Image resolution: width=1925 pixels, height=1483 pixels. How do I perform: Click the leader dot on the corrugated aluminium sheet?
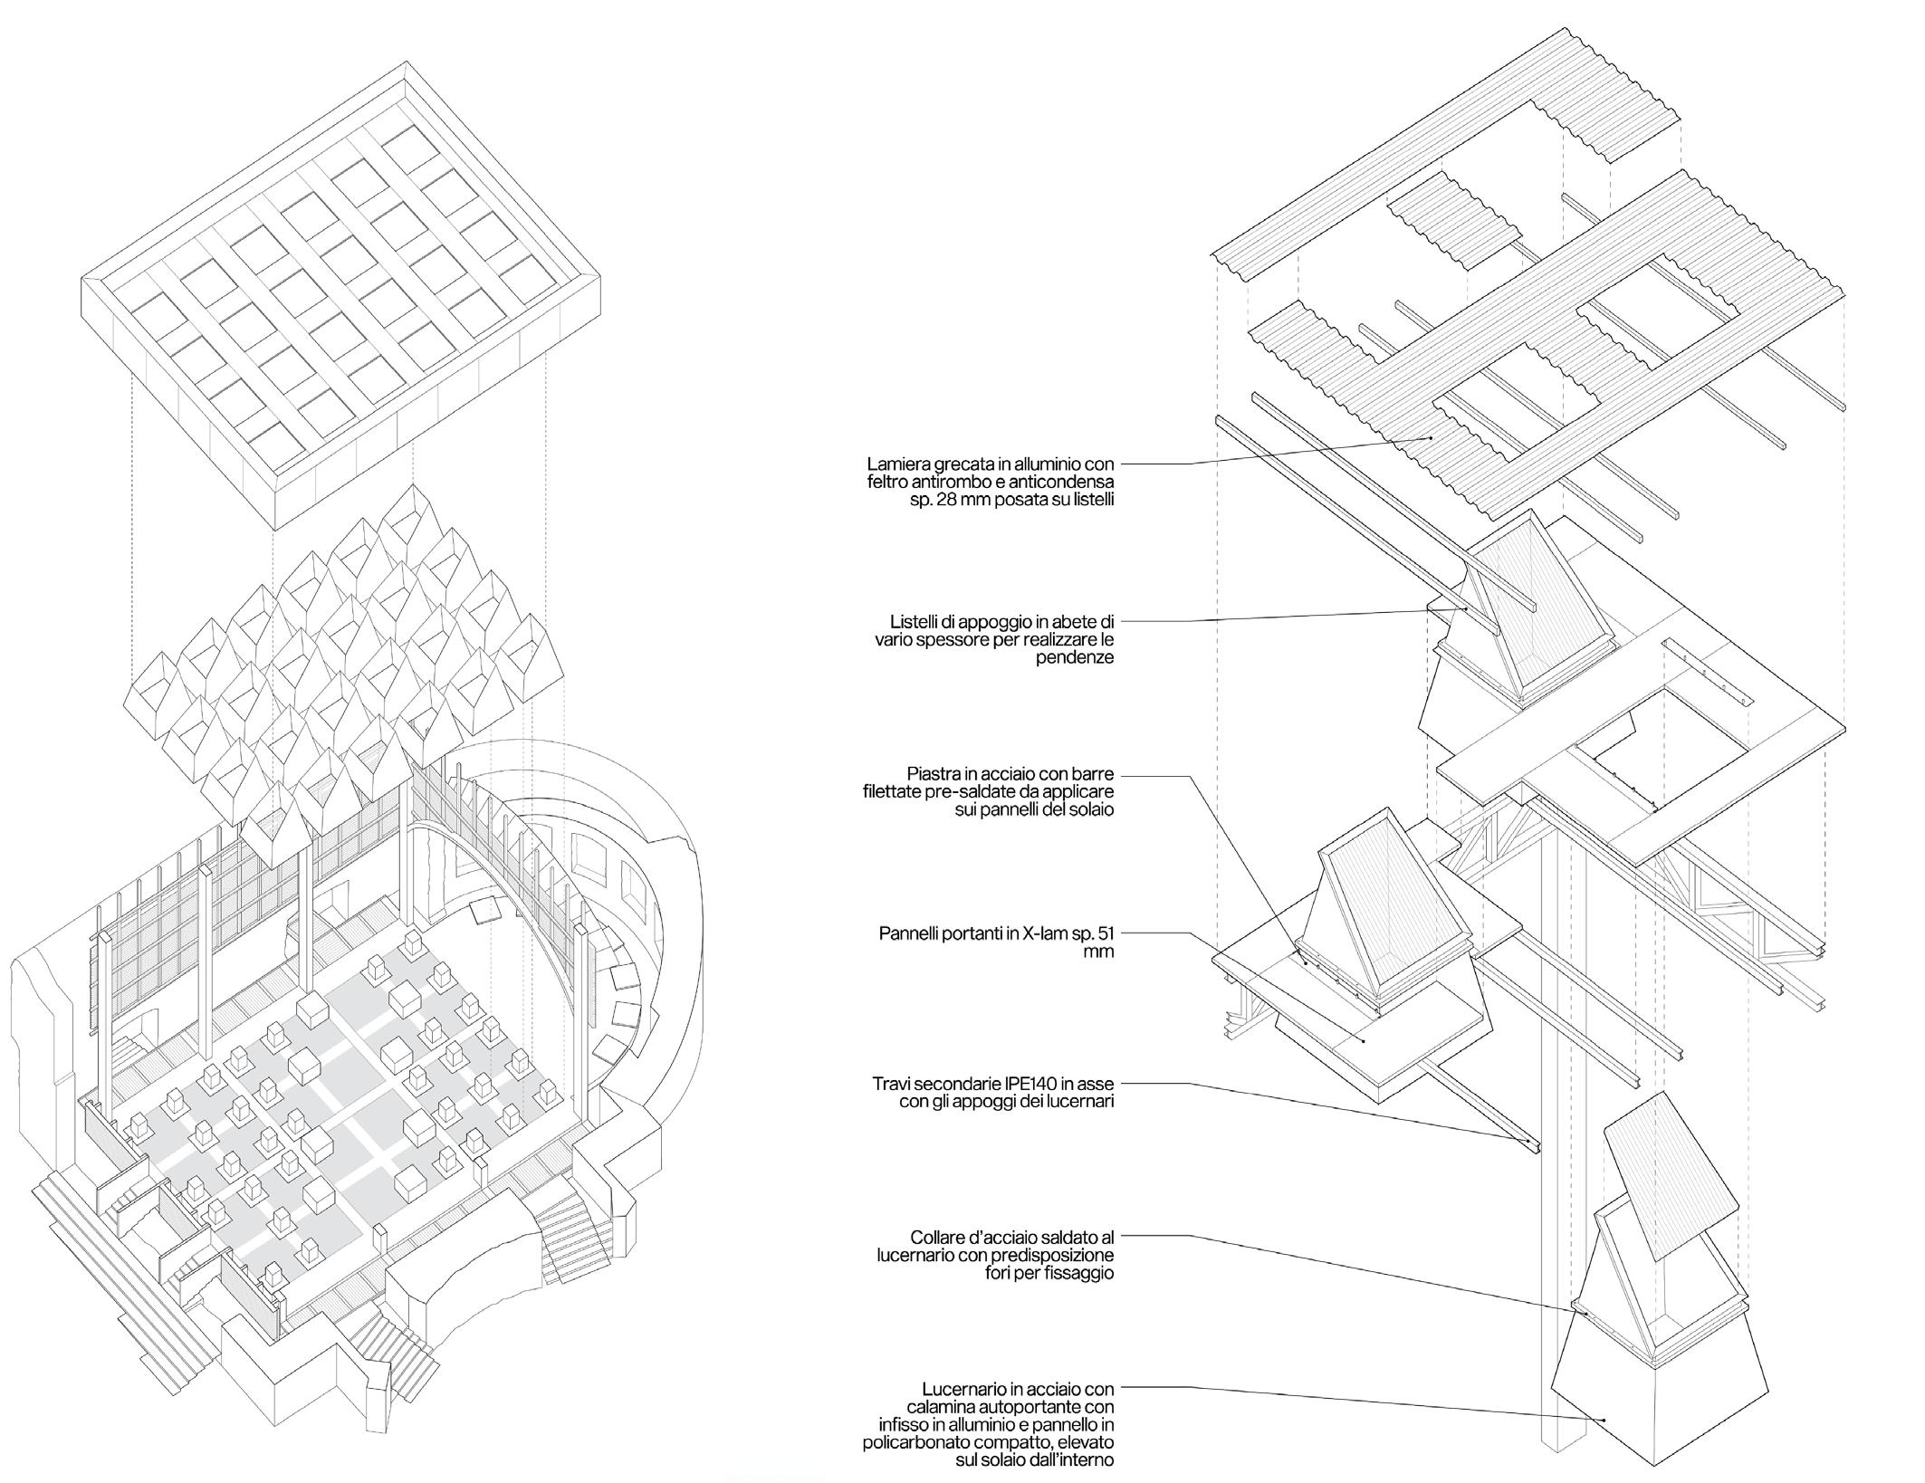tap(1432, 437)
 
